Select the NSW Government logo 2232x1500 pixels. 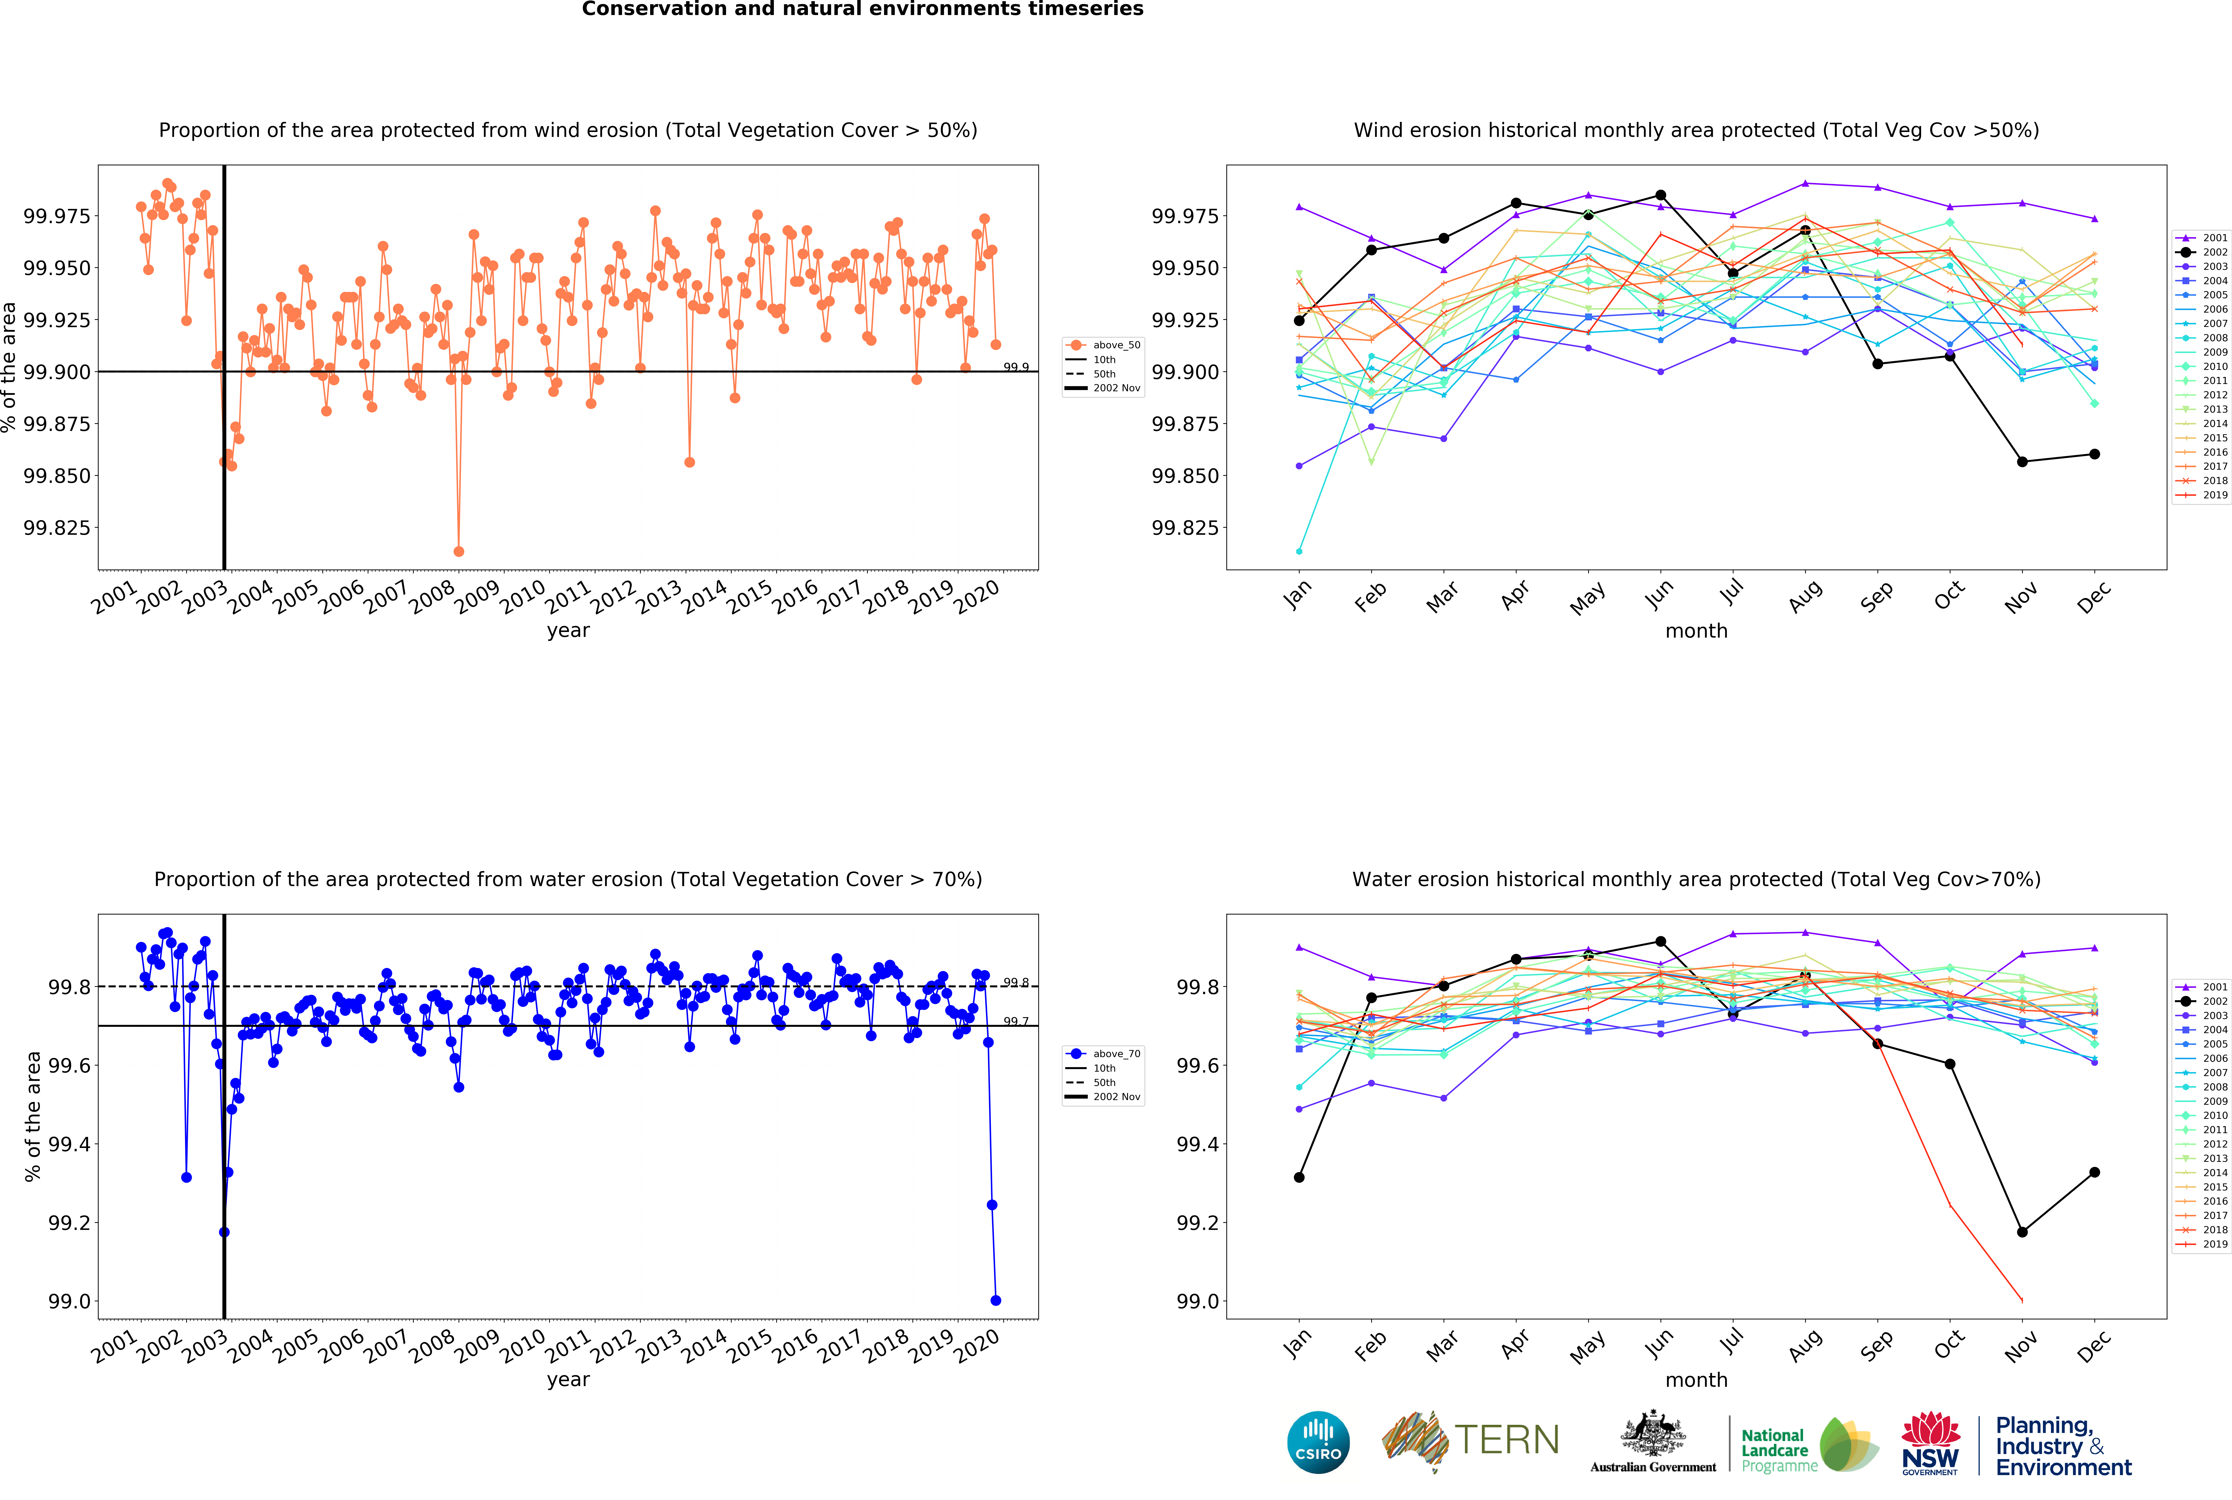[x=1930, y=1443]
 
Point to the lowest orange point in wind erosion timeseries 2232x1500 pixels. [x=459, y=551]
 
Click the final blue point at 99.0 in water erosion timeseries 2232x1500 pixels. [x=996, y=1300]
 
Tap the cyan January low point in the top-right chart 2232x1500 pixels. [x=1299, y=551]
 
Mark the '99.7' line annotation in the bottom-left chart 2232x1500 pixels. [x=1016, y=1022]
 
